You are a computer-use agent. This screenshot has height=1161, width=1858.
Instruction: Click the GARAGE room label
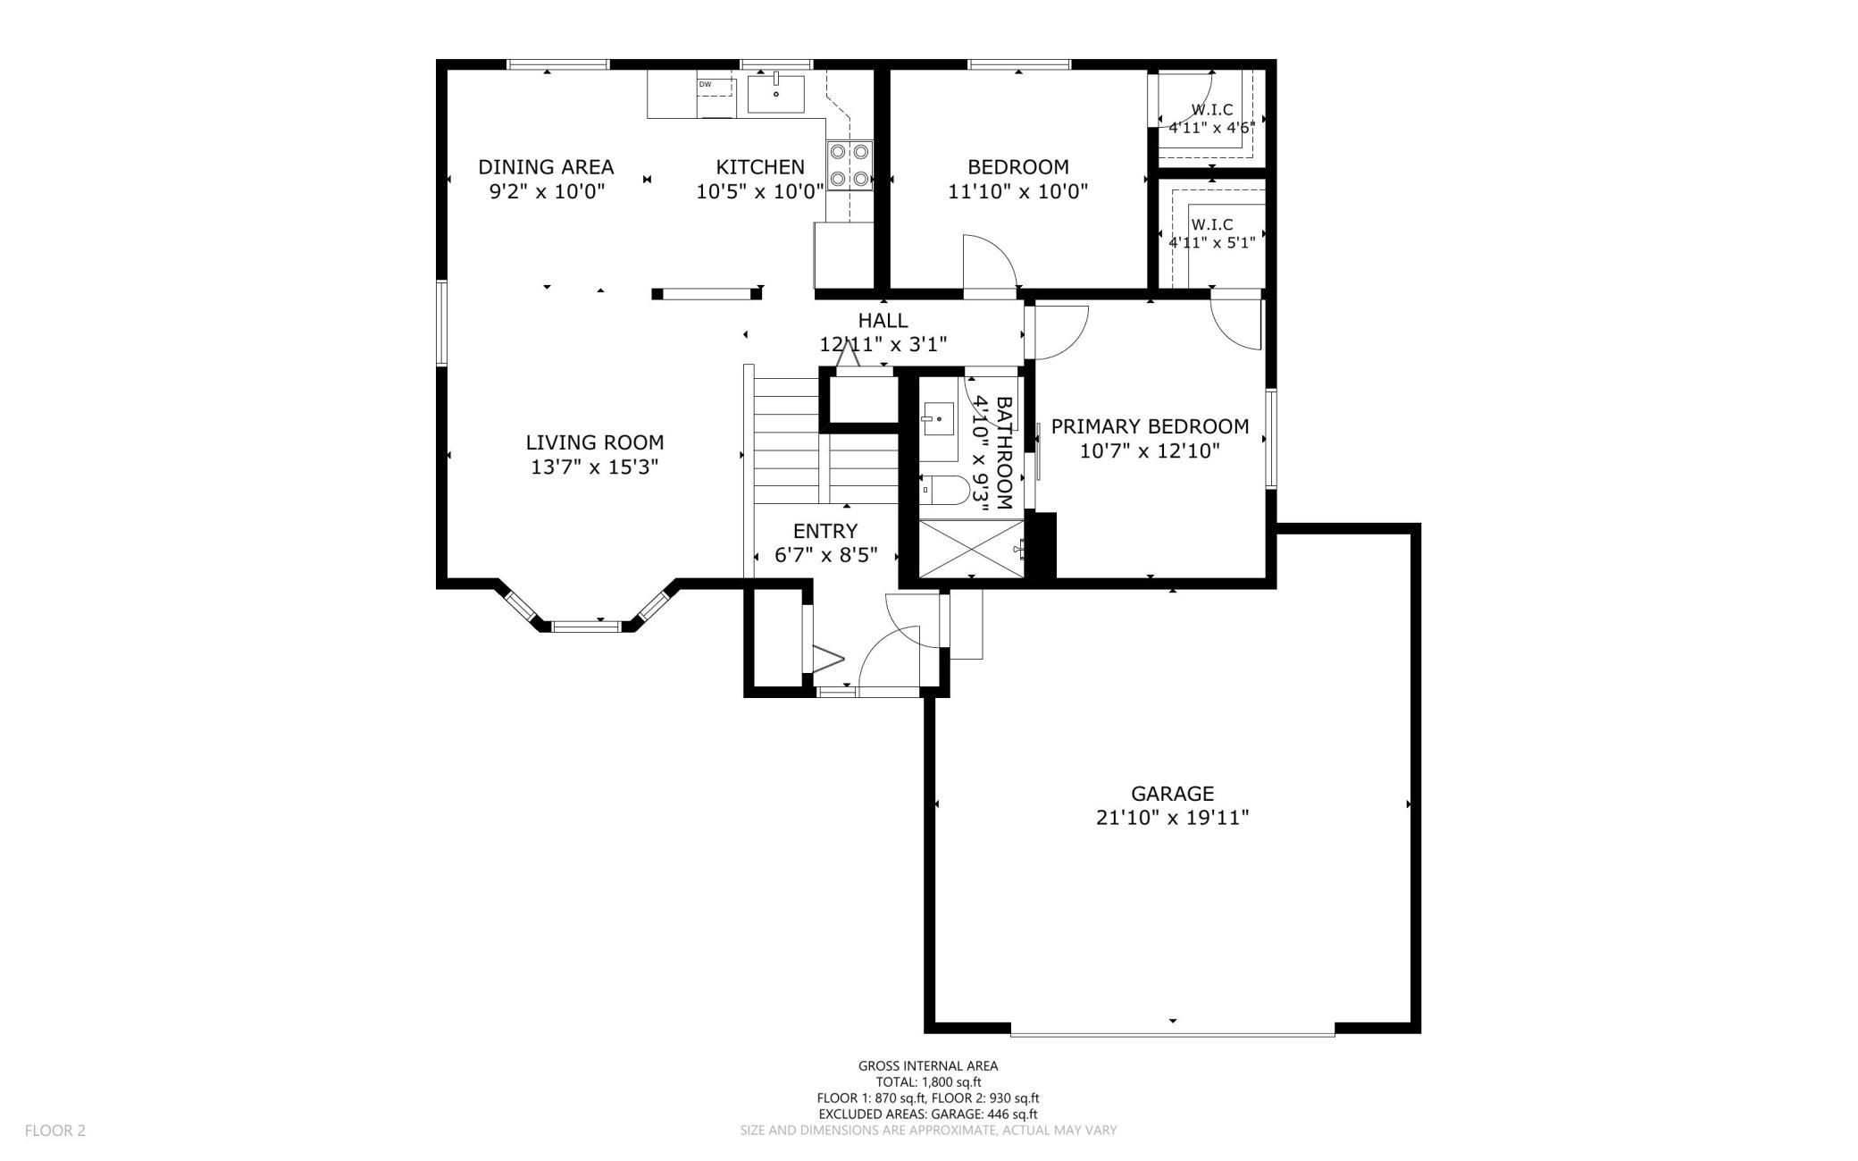1172,794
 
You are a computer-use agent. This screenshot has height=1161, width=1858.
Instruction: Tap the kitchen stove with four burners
849,165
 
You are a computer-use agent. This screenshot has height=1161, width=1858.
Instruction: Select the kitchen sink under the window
775,94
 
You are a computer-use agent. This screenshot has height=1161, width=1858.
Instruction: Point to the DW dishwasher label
705,85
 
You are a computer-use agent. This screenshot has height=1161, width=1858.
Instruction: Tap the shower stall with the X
971,550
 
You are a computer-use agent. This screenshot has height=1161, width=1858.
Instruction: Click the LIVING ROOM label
594,442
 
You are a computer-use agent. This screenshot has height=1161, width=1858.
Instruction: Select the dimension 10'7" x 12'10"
1150,450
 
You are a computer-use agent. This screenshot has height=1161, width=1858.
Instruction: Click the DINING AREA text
546,167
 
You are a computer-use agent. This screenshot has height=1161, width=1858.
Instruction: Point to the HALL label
883,320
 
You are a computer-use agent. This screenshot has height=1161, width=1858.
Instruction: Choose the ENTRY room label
825,531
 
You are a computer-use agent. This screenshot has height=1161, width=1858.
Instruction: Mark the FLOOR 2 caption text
54,1131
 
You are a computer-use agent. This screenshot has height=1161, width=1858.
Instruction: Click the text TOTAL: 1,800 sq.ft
928,1081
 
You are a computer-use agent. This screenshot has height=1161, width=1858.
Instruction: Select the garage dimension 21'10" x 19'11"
1172,817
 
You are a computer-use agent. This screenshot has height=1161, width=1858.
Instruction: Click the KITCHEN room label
760,167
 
